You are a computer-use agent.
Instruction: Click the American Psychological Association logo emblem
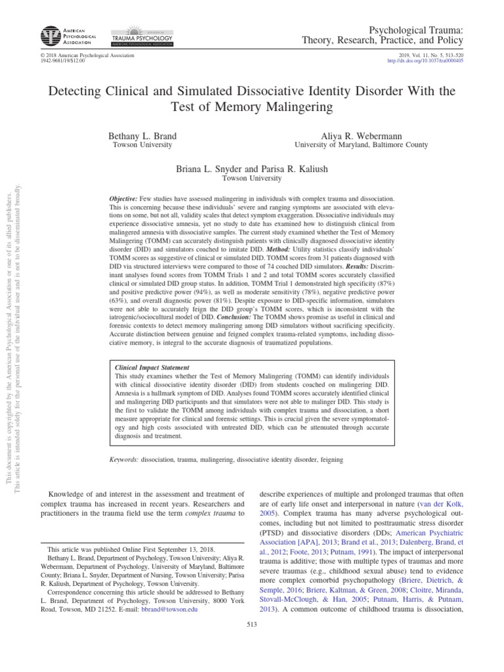[x=49, y=35]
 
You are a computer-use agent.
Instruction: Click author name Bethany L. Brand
[x=142, y=135]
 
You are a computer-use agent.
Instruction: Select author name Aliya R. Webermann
[x=361, y=135]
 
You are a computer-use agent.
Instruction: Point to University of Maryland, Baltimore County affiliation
[x=361, y=145]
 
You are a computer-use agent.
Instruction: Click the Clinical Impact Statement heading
[x=152, y=368]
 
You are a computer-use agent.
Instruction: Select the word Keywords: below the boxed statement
[x=123, y=460]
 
